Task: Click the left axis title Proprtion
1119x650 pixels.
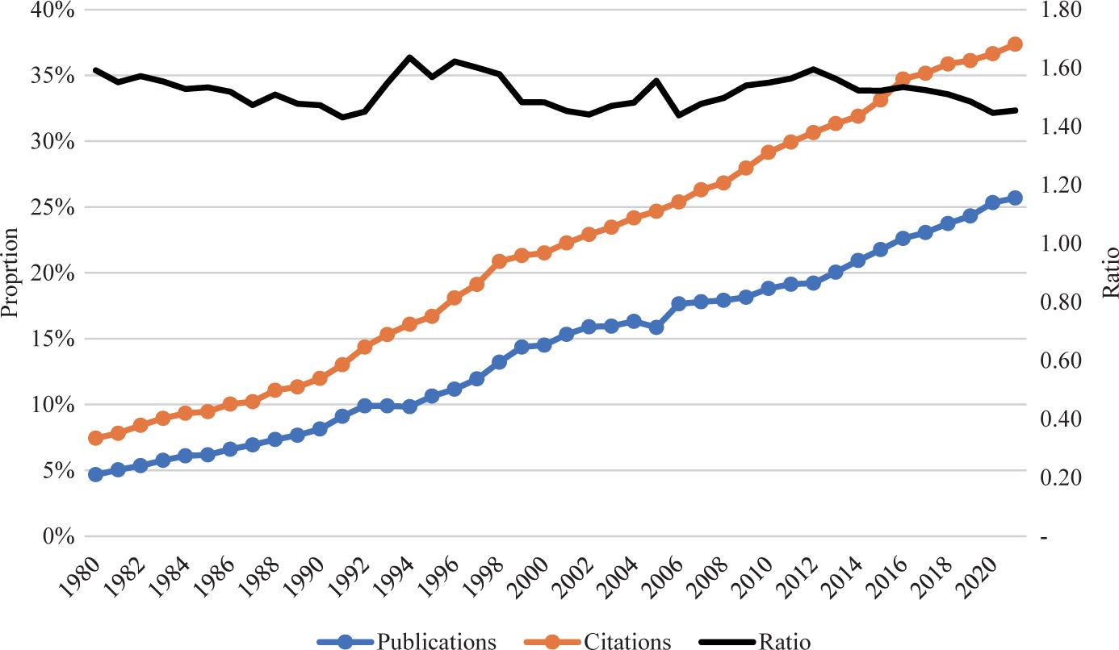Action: tap(10, 272)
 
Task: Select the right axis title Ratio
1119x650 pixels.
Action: tap(1111, 273)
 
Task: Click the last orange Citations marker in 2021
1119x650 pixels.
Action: tap(1015, 44)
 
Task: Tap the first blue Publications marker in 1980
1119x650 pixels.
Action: tap(95, 474)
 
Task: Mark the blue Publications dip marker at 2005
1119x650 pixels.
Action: tap(656, 327)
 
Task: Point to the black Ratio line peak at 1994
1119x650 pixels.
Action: tap(409, 57)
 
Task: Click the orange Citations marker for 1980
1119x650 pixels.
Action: tap(95, 438)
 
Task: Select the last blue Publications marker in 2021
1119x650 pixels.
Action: tap(1015, 198)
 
